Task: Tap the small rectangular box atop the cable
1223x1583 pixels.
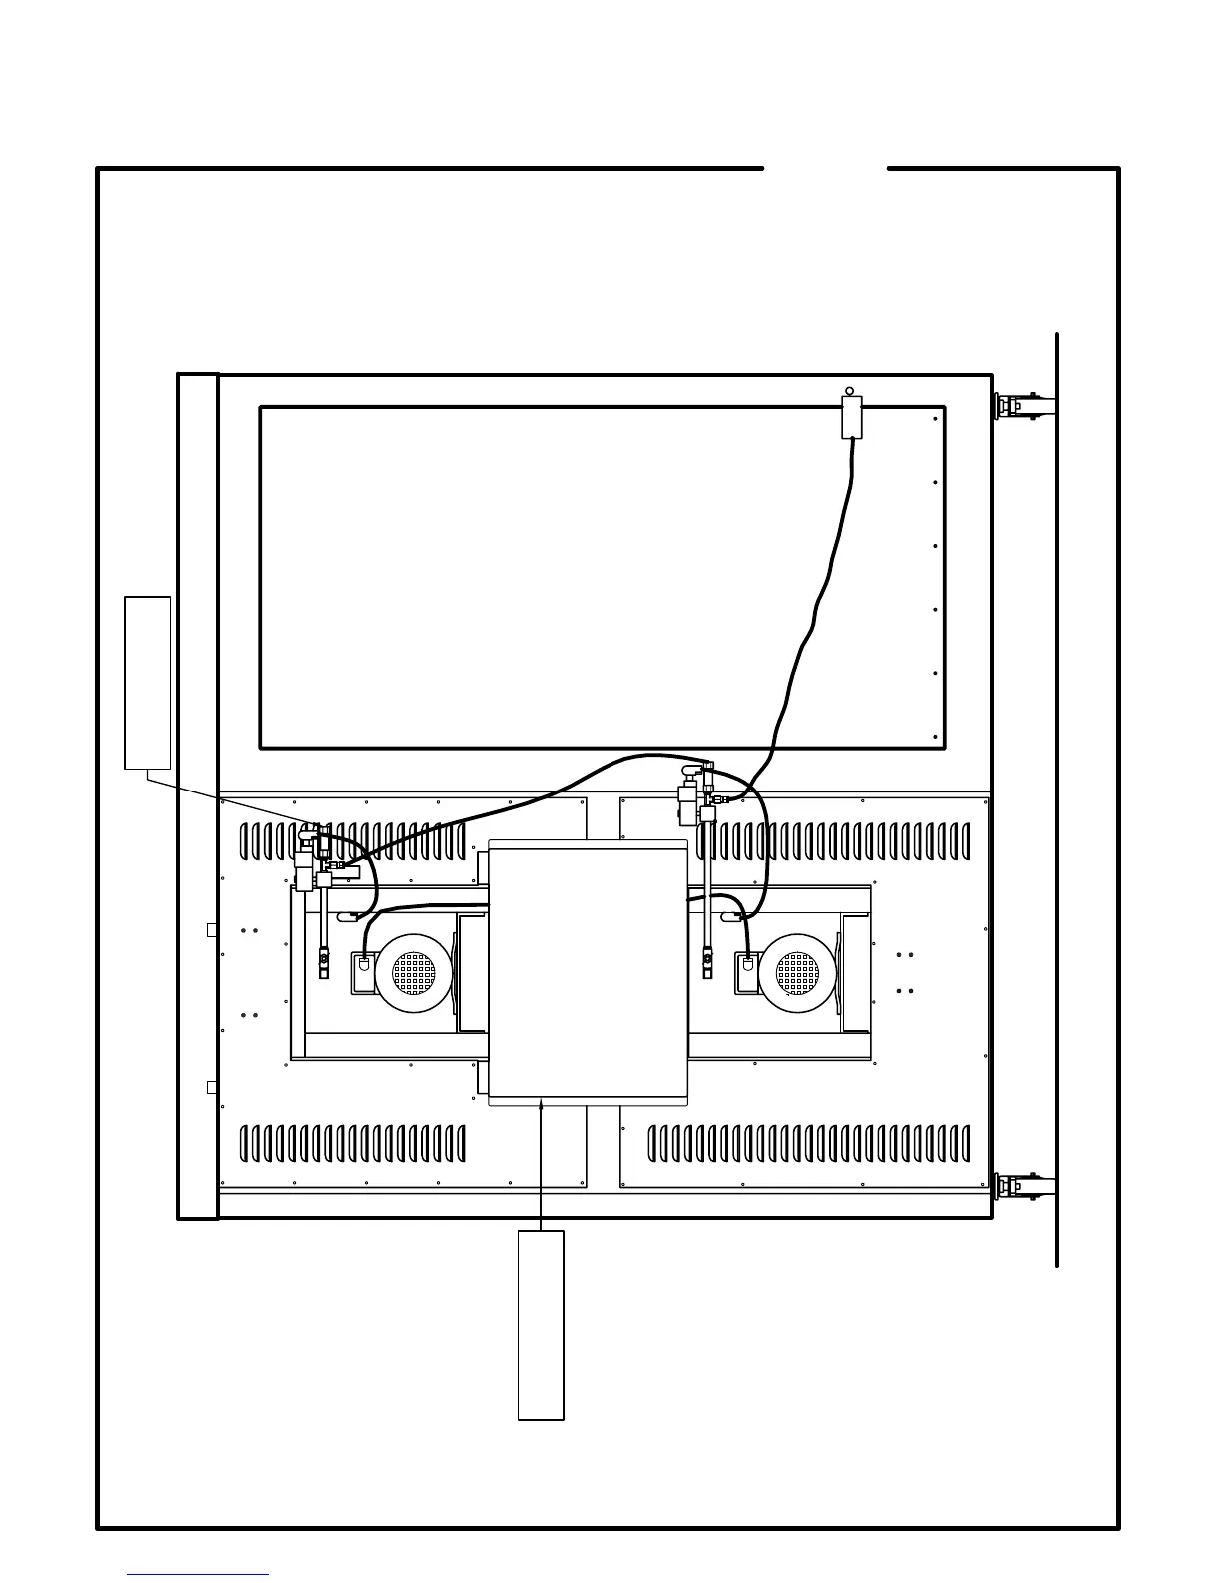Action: coord(851,417)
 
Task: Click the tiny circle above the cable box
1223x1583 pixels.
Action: coord(850,391)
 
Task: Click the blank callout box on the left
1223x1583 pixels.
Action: coord(147,683)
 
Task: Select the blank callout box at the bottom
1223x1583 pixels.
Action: coord(541,1324)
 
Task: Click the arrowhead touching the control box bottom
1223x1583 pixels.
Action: coord(541,1104)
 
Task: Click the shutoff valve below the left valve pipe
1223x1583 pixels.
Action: coord(322,965)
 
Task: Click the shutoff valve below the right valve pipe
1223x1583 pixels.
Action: coord(708,965)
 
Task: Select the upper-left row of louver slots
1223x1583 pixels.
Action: coord(353,841)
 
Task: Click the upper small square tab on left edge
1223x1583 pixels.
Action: coord(212,930)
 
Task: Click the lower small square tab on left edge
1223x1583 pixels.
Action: coord(212,1087)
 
